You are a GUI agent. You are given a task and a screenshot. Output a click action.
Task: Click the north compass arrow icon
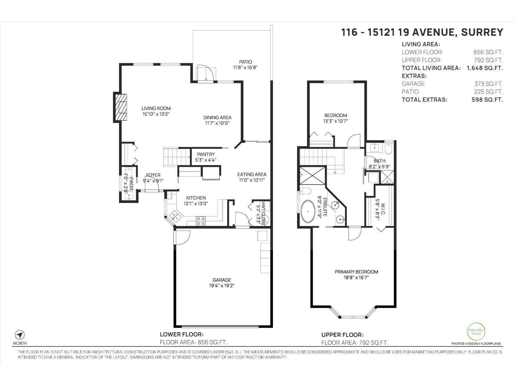pyautogui.click(x=20, y=335)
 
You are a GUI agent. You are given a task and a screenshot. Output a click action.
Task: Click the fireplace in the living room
pyautogui.click(x=120, y=107)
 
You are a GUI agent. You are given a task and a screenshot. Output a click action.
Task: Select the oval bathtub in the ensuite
pyautogui.click(x=308, y=211)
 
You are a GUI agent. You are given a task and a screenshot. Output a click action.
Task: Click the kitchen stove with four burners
pyautogui.click(x=201, y=221)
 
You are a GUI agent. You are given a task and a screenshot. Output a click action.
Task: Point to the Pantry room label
pyautogui.click(x=206, y=154)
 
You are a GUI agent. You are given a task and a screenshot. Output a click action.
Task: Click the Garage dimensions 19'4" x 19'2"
pyautogui.click(x=221, y=285)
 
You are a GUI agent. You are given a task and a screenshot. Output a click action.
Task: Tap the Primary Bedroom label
pyautogui.click(x=356, y=272)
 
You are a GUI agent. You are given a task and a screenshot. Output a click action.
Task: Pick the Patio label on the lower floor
pyautogui.click(x=245, y=62)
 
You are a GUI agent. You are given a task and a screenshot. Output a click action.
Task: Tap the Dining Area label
pyautogui.click(x=217, y=117)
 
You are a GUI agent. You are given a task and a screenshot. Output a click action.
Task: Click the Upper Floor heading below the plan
pyautogui.click(x=342, y=335)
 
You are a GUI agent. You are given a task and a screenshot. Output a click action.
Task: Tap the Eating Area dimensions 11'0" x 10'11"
pyautogui.click(x=252, y=180)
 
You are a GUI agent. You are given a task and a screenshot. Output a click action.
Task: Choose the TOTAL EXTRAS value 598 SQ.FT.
pyautogui.click(x=487, y=99)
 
